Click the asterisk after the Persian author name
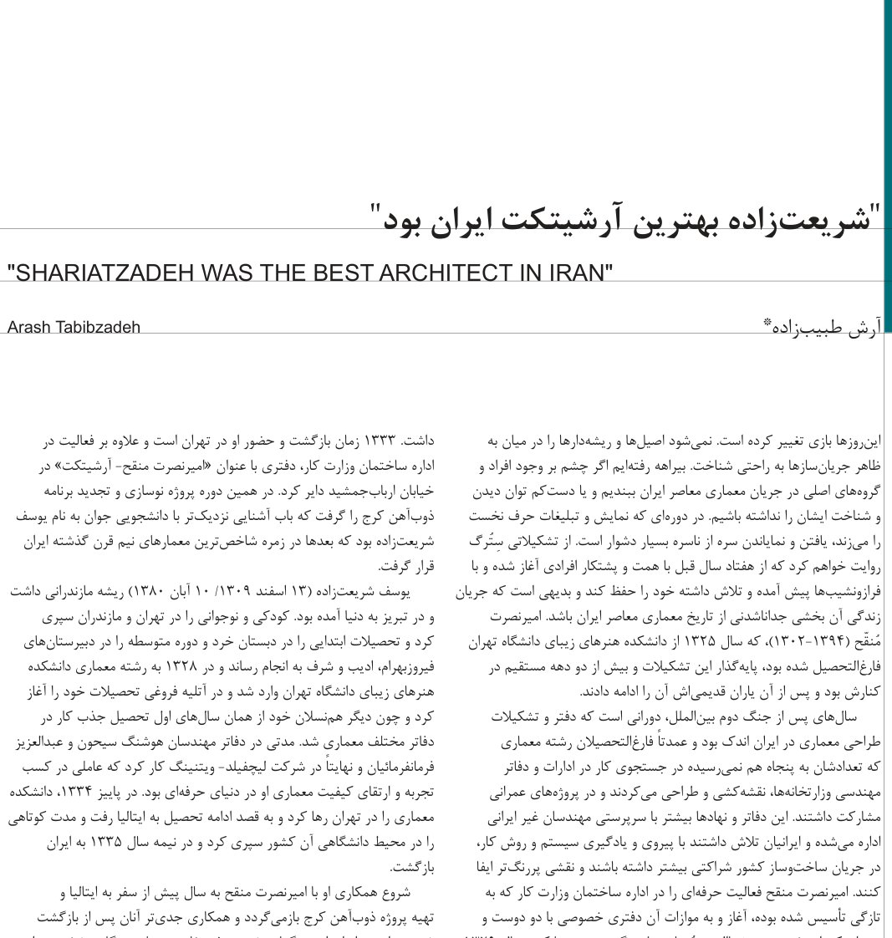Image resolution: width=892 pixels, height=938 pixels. point(767,323)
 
